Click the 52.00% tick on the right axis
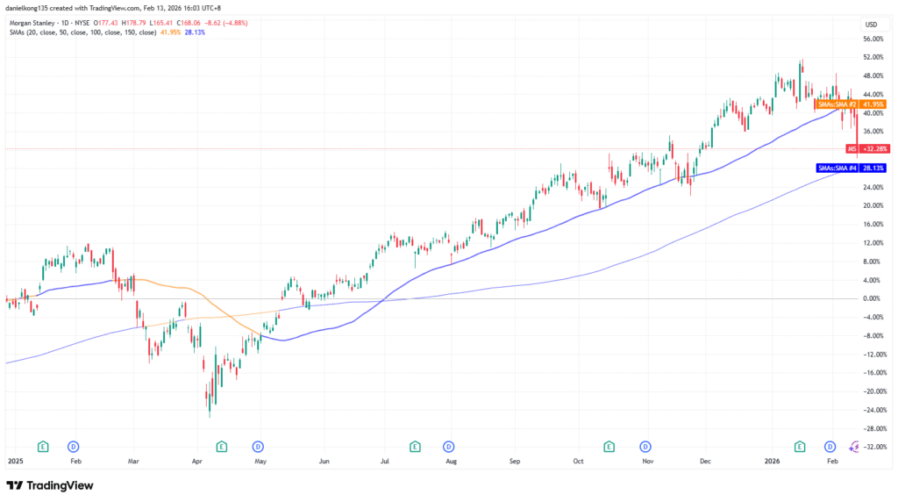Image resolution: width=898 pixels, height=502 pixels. click(x=873, y=57)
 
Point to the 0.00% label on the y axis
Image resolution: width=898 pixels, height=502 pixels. click(x=872, y=298)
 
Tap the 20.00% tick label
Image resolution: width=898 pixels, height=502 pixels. click(x=873, y=205)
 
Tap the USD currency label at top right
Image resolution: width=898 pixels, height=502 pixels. click(x=871, y=24)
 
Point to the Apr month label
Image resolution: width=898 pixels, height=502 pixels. click(x=197, y=460)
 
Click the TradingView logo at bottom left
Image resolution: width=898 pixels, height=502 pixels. click(x=50, y=485)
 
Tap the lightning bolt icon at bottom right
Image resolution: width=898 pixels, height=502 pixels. click(x=855, y=446)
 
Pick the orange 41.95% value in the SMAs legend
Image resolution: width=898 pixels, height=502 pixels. click(x=171, y=33)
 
